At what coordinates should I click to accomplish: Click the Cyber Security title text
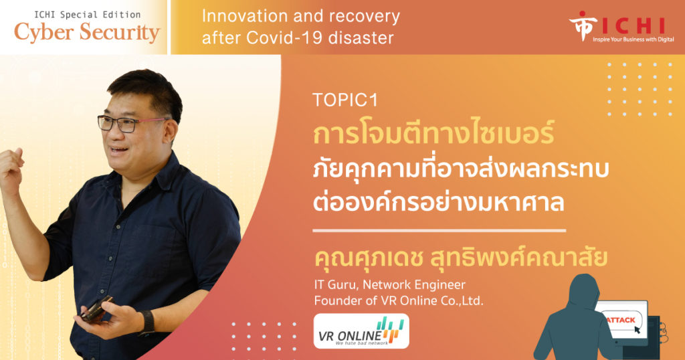tap(87, 33)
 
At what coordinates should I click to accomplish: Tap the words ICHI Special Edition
tap(88, 15)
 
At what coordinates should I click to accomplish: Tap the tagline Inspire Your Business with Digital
tap(633, 39)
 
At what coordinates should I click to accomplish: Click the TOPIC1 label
tap(345, 100)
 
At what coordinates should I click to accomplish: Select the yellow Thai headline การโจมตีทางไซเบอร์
tap(433, 133)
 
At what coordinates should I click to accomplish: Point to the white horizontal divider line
tap(439, 230)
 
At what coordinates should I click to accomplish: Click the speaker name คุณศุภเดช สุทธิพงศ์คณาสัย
tap(461, 258)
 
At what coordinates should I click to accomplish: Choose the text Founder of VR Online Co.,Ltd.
tap(399, 300)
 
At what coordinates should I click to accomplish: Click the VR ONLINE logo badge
tap(361, 331)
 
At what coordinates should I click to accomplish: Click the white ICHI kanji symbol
tap(583, 25)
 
